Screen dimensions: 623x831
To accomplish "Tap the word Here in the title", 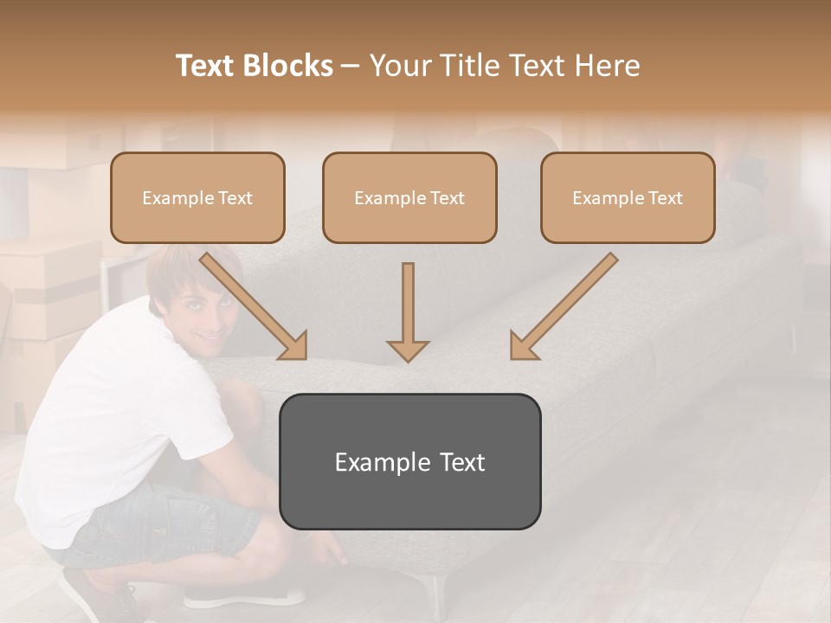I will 608,66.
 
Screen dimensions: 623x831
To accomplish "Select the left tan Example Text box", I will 197,197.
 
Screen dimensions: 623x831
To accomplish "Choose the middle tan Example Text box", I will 409,197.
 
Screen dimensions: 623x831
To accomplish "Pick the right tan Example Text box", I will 628,197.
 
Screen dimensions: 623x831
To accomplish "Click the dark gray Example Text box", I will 409,461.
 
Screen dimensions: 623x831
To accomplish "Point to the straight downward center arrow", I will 408,311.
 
